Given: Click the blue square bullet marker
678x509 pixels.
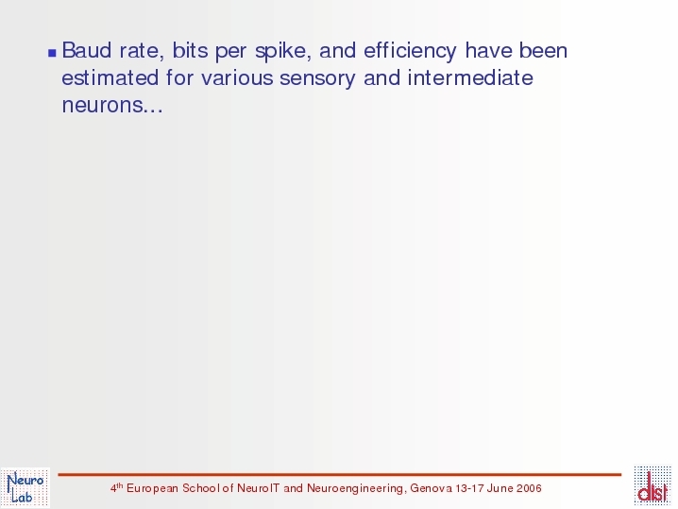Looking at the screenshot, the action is pos(52,53).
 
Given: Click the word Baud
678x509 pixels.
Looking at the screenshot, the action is pos(87,50).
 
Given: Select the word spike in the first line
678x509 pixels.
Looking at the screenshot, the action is pos(283,51).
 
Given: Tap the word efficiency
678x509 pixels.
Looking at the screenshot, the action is pos(410,51).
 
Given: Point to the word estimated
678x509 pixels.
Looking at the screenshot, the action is pos(110,77).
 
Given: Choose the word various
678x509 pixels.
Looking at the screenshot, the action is pos(236,78).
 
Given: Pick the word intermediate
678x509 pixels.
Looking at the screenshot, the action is pos(470,77).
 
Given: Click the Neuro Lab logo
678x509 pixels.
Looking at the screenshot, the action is pos(25,487).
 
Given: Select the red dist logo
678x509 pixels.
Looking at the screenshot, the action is pos(653,485).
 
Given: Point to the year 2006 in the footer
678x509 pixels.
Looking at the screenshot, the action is pos(529,488).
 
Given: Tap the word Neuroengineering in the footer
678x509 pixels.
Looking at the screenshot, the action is pos(355,488).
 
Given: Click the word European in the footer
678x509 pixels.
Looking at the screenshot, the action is pos(153,488).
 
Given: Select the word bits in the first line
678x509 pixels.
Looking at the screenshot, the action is pos(190,50).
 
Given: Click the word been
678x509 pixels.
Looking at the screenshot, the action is pos(544,50).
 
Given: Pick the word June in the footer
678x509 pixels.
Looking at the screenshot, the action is pos(500,488).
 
